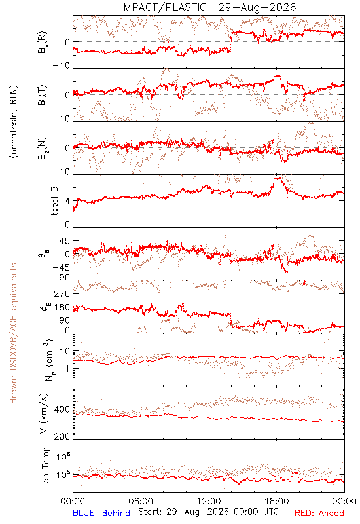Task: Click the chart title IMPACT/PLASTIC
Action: [x=164, y=7]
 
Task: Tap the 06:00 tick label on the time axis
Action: [x=141, y=501]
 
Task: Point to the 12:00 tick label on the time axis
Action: [x=209, y=501]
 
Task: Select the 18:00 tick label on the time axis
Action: [x=277, y=501]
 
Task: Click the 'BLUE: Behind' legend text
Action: [x=101, y=513]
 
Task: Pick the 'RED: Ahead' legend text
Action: [x=319, y=513]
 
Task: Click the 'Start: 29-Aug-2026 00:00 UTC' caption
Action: [x=208, y=512]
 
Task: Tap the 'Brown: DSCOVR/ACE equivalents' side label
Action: [x=13, y=333]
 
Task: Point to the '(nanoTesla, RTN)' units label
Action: [x=14, y=122]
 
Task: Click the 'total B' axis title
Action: [x=54, y=201]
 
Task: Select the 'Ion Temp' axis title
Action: [x=46, y=466]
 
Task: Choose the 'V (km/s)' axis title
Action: [x=44, y=413]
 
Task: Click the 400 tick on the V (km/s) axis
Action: [x=62, y=409]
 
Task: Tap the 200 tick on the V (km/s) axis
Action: [x=62, y=436]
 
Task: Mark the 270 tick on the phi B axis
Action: [x=62, y=293]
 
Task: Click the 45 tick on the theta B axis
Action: [x=65, y=241]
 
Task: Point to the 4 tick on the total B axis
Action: [x=67, y=202]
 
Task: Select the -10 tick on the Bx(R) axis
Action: [x=62, y=66]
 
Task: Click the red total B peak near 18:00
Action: [x=276, y=178]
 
